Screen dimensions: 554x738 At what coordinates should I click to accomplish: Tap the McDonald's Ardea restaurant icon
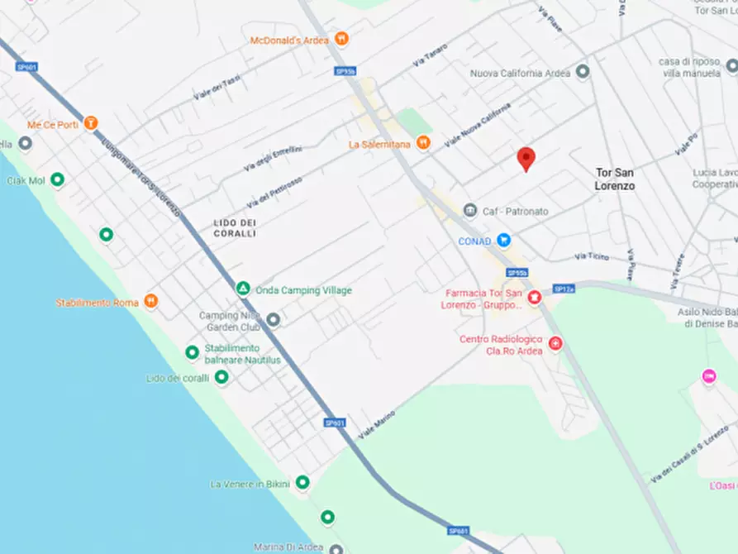[341, 39]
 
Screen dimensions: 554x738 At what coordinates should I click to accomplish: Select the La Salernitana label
[381, 144]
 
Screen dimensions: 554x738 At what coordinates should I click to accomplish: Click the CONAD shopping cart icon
[503, 241]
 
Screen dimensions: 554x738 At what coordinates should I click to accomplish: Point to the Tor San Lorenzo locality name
[615, 179]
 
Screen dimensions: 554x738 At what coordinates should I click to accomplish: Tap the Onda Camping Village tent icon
[243, 289]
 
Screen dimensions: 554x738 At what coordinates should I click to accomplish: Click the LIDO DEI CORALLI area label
[235, 228]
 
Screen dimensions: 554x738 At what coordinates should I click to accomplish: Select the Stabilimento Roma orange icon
[150, 301]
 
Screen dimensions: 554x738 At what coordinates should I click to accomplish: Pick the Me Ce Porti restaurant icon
[91, 123]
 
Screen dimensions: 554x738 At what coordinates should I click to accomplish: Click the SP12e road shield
[564, 289]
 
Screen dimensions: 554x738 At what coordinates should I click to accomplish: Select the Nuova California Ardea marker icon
[583, 72]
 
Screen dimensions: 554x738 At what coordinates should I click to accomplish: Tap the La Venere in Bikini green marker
[302, 482]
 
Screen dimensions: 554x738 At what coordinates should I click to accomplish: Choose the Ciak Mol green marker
[57, 179]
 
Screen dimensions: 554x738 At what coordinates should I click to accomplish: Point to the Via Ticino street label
[591, 257]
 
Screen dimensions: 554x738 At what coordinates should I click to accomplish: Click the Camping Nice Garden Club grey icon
[274, 319]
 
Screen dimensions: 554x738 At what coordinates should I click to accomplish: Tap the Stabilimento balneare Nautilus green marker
[192, 353]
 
